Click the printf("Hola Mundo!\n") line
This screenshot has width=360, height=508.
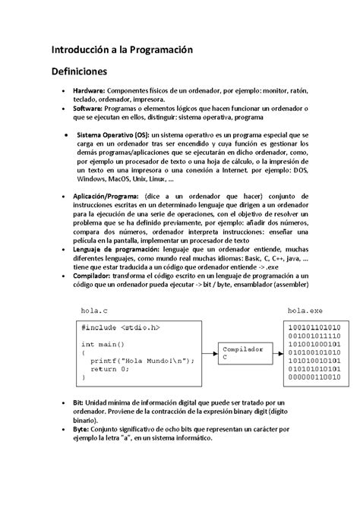click(x=137, y=361)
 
